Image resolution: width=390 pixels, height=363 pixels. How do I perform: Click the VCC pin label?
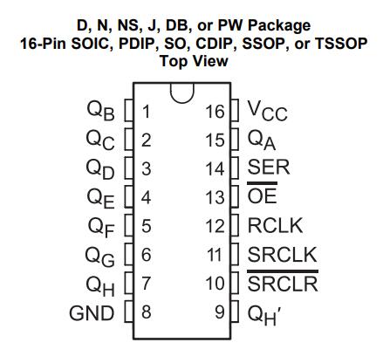click(x=267, y=111)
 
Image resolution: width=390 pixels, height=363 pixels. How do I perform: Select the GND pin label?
click(x=92, y=313)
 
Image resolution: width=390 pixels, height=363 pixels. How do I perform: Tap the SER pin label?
click(x=269, y=167)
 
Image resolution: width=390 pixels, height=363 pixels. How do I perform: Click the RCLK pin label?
click(x=275, y=225)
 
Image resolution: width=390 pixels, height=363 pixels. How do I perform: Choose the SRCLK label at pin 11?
click(x=282, y=255)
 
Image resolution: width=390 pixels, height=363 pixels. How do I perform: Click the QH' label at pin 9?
click(x=264, y=315)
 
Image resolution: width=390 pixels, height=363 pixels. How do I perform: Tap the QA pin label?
click(x=262, y=140)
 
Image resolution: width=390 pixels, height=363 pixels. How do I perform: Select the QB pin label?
click(x=100, y=111)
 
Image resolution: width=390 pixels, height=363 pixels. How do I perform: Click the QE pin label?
click(x=100, y=198)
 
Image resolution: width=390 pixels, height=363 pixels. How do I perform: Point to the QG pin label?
click(x=99, y=257)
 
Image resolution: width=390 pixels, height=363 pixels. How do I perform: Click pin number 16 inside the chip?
click(x=215, y=112)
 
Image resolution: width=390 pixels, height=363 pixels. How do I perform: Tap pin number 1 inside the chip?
click(x=147, y=112)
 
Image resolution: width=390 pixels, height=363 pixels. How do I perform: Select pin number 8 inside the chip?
click(x=147, y=312)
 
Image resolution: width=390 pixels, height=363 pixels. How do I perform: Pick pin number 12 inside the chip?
click(x=215, y=226)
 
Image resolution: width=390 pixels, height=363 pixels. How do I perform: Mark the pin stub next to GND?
click(x=129, y=312)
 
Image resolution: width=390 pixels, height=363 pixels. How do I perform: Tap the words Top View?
click(x=194, y=61)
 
